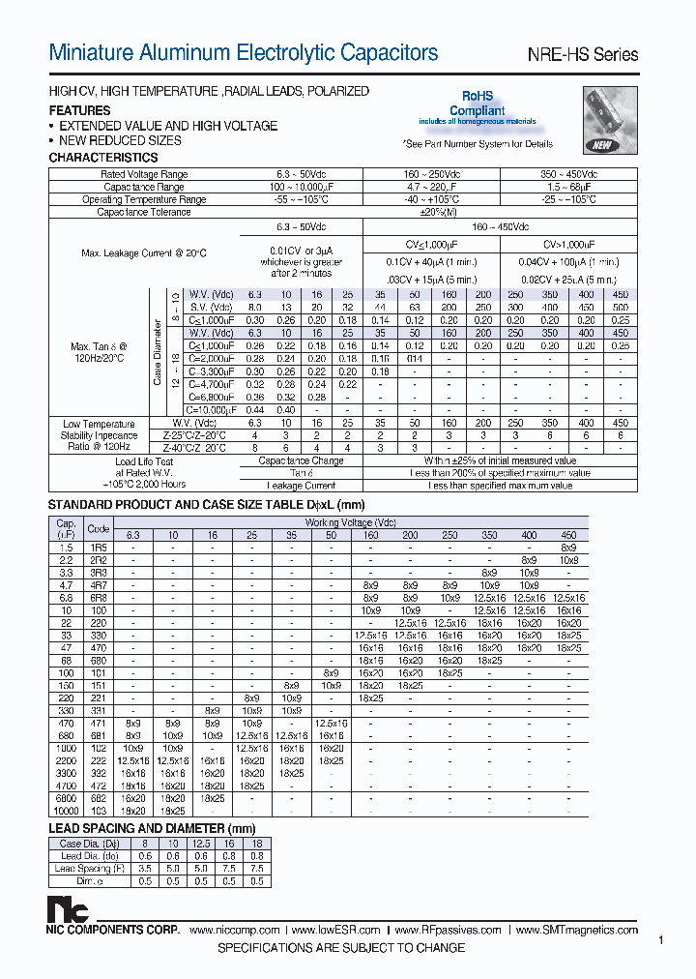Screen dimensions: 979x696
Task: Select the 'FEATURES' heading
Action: click(x=79, y=110)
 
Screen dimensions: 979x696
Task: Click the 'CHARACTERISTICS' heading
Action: click(x=103, y=157)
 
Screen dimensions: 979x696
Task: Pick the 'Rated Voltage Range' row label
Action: click(x=144, y=174)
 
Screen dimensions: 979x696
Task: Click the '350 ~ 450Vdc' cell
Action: click(x=567, y=174)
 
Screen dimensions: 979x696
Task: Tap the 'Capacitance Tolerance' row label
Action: click(x=144, y=212)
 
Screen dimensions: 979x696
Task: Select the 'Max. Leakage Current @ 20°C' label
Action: click(x=144, y=253)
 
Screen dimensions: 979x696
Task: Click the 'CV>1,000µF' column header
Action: click(x=567, y=246)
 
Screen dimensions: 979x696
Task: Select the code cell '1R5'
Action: click(x=98, y=548)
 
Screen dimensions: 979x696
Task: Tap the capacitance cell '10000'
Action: click(x=66, y=810)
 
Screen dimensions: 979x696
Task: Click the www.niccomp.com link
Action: click(x=235, y=930)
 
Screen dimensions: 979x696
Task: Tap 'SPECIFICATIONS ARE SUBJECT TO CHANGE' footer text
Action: click(x=341, y=948)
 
